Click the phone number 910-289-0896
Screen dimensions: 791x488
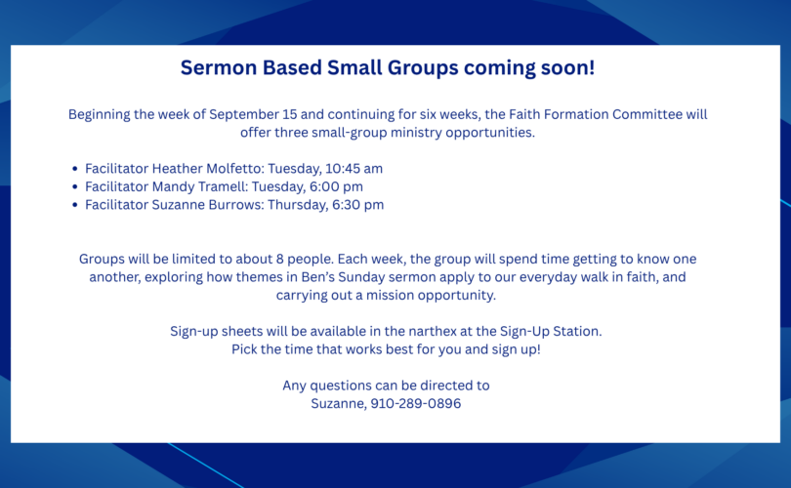[416, 403]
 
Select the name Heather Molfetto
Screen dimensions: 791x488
[208, 169]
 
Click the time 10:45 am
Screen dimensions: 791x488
[354, 169]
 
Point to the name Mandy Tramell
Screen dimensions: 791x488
[200, 186]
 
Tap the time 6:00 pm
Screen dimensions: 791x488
[336, 186]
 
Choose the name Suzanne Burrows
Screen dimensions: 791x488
[208, 205]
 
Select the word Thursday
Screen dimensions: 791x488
[297, 205]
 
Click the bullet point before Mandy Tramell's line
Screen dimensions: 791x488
[74, 187]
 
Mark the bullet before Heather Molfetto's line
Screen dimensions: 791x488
[74, 169]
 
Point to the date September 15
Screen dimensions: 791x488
[253, 114]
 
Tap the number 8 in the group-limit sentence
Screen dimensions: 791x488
[280, 259]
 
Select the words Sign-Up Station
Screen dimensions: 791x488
[551, 331]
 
